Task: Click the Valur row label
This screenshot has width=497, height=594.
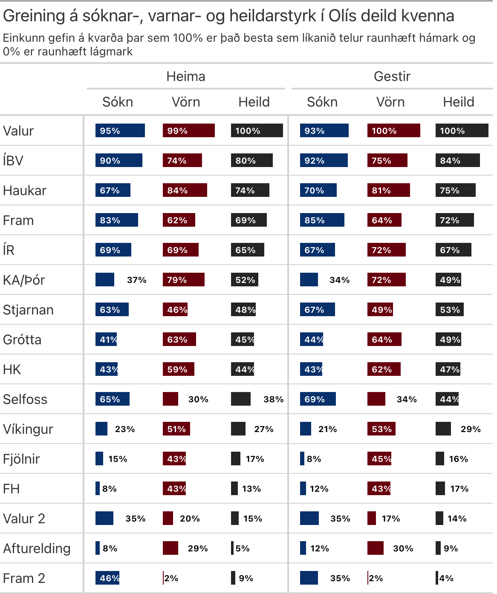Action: [18, 131]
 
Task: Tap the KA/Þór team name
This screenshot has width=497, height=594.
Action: [24, 280]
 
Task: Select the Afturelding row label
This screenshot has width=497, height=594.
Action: [37, 548]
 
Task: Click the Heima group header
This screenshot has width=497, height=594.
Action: [186, 76]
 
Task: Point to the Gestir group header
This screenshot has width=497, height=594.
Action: [392, 76]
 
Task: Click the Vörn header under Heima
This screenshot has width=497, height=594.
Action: [186, 102]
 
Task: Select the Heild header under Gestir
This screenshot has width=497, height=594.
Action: [459, 102]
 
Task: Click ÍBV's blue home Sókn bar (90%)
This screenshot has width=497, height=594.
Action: [119, 160]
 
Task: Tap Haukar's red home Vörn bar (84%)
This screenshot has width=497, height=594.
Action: [185, 190]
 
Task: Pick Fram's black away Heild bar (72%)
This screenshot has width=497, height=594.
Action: [455, 220]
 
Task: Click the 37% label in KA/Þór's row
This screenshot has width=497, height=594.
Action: [137, 280]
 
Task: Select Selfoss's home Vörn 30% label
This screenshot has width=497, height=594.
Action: [198, 399]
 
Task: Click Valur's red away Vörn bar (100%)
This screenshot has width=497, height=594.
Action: [394, 130]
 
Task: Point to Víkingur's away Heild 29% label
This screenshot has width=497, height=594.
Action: [471, 429]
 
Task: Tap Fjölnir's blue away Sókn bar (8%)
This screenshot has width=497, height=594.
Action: [302, 458]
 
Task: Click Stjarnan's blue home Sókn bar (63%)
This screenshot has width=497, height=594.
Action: [112, 309]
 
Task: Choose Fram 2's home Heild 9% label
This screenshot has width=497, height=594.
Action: [246, 578]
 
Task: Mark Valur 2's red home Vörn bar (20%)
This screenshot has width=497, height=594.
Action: [168, 518]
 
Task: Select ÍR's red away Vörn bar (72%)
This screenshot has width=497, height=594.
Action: [387, 250]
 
